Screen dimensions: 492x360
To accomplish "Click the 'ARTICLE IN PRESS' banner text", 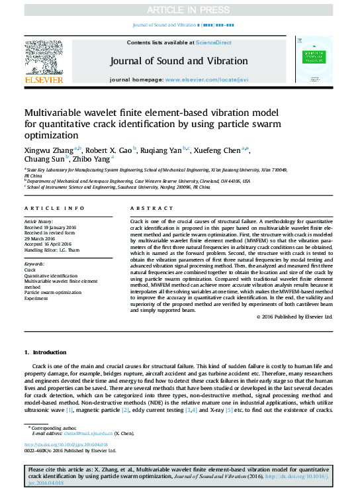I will [179, 9].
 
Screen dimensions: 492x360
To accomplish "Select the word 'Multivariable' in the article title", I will [59, 113].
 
